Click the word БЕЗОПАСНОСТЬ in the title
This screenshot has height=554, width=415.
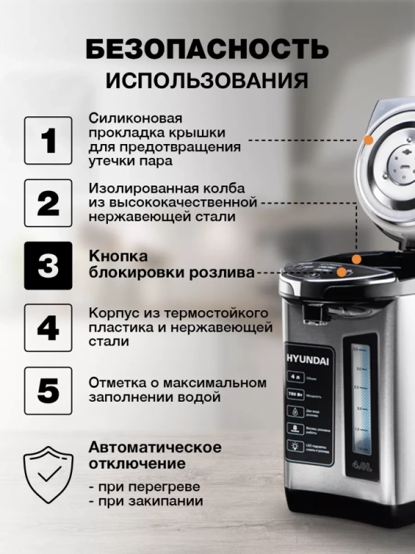(207, 49)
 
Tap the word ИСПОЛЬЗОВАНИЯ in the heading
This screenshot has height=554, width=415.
(207, 80)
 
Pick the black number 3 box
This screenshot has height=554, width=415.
(48, 265)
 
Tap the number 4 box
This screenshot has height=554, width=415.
(48, 328)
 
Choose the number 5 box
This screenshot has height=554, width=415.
(48, 390)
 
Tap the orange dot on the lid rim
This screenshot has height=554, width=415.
(369, 139)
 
